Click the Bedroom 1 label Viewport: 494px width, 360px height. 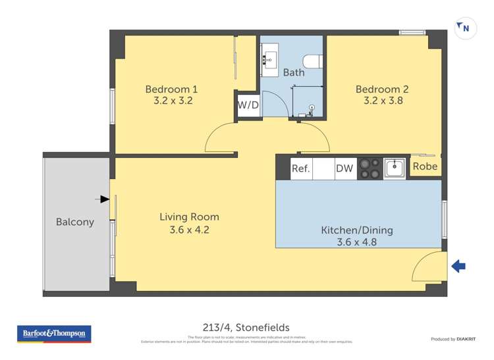pos(171,90)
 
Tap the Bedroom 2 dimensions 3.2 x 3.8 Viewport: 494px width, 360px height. pos(383,101)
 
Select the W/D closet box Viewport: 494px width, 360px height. pos(248,105)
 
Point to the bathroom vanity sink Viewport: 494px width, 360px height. pos(270,59)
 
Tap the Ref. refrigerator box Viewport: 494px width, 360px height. pos(300,168)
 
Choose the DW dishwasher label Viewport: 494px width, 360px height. pos(344,168)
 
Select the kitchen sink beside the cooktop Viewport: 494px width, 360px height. pos(395,168)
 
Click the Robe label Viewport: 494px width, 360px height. pos(425,167)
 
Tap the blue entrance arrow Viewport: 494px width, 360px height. pos(458,266)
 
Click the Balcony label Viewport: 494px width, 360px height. pos(75,222)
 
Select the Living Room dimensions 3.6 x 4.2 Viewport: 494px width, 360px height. pos(189,230)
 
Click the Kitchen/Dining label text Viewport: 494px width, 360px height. pos(357,230)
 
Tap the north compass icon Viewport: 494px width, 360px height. pos(465,28)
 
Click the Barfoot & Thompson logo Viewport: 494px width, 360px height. pos(54,334)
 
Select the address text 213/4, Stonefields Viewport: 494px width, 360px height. pos(247,327)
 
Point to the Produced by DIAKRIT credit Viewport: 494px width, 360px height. pos(453,339)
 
